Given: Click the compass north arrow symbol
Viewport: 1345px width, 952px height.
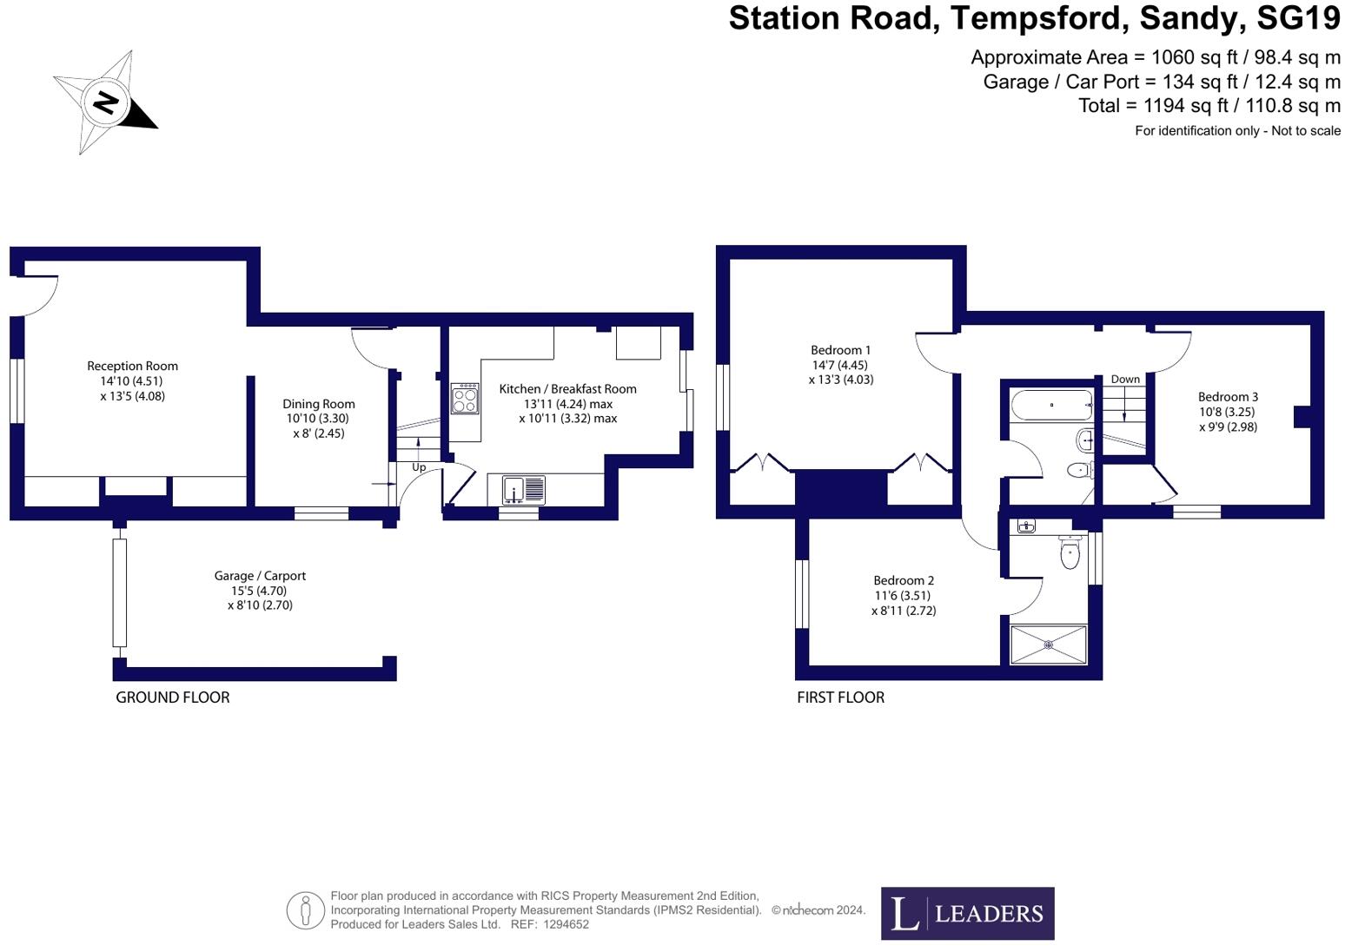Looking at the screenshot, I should pos(106,103).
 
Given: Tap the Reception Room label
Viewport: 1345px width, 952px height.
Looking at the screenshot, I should pos(132,366).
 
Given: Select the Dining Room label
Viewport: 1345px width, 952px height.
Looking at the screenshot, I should pos(318,403).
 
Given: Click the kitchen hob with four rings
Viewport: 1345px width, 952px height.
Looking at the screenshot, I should pos(465,400).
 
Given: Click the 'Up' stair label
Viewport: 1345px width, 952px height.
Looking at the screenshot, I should pos(419,467).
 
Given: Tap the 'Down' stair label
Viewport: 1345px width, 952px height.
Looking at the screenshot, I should pos(1125,379).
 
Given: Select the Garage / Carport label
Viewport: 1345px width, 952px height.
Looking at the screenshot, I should pos(260,575).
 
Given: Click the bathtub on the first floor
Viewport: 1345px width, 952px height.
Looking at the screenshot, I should pos(1051,405).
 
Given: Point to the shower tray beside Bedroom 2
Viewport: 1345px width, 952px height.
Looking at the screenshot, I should pos(1049,645).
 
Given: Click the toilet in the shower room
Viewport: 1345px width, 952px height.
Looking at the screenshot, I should pos(1070,552).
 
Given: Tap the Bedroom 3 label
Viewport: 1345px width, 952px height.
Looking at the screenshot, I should pos(1228,397).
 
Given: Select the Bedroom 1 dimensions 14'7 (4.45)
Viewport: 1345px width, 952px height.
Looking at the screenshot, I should pos(840,365).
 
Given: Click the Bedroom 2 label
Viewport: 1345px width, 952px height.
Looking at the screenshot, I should pos(904,580).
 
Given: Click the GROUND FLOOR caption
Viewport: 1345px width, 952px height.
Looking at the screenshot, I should pos(173,697).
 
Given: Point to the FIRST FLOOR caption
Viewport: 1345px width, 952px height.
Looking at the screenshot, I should pos(840,697).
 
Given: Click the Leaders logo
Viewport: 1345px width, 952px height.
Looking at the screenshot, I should pos(967,913).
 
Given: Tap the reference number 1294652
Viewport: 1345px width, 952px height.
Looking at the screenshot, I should pos(566,924).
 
